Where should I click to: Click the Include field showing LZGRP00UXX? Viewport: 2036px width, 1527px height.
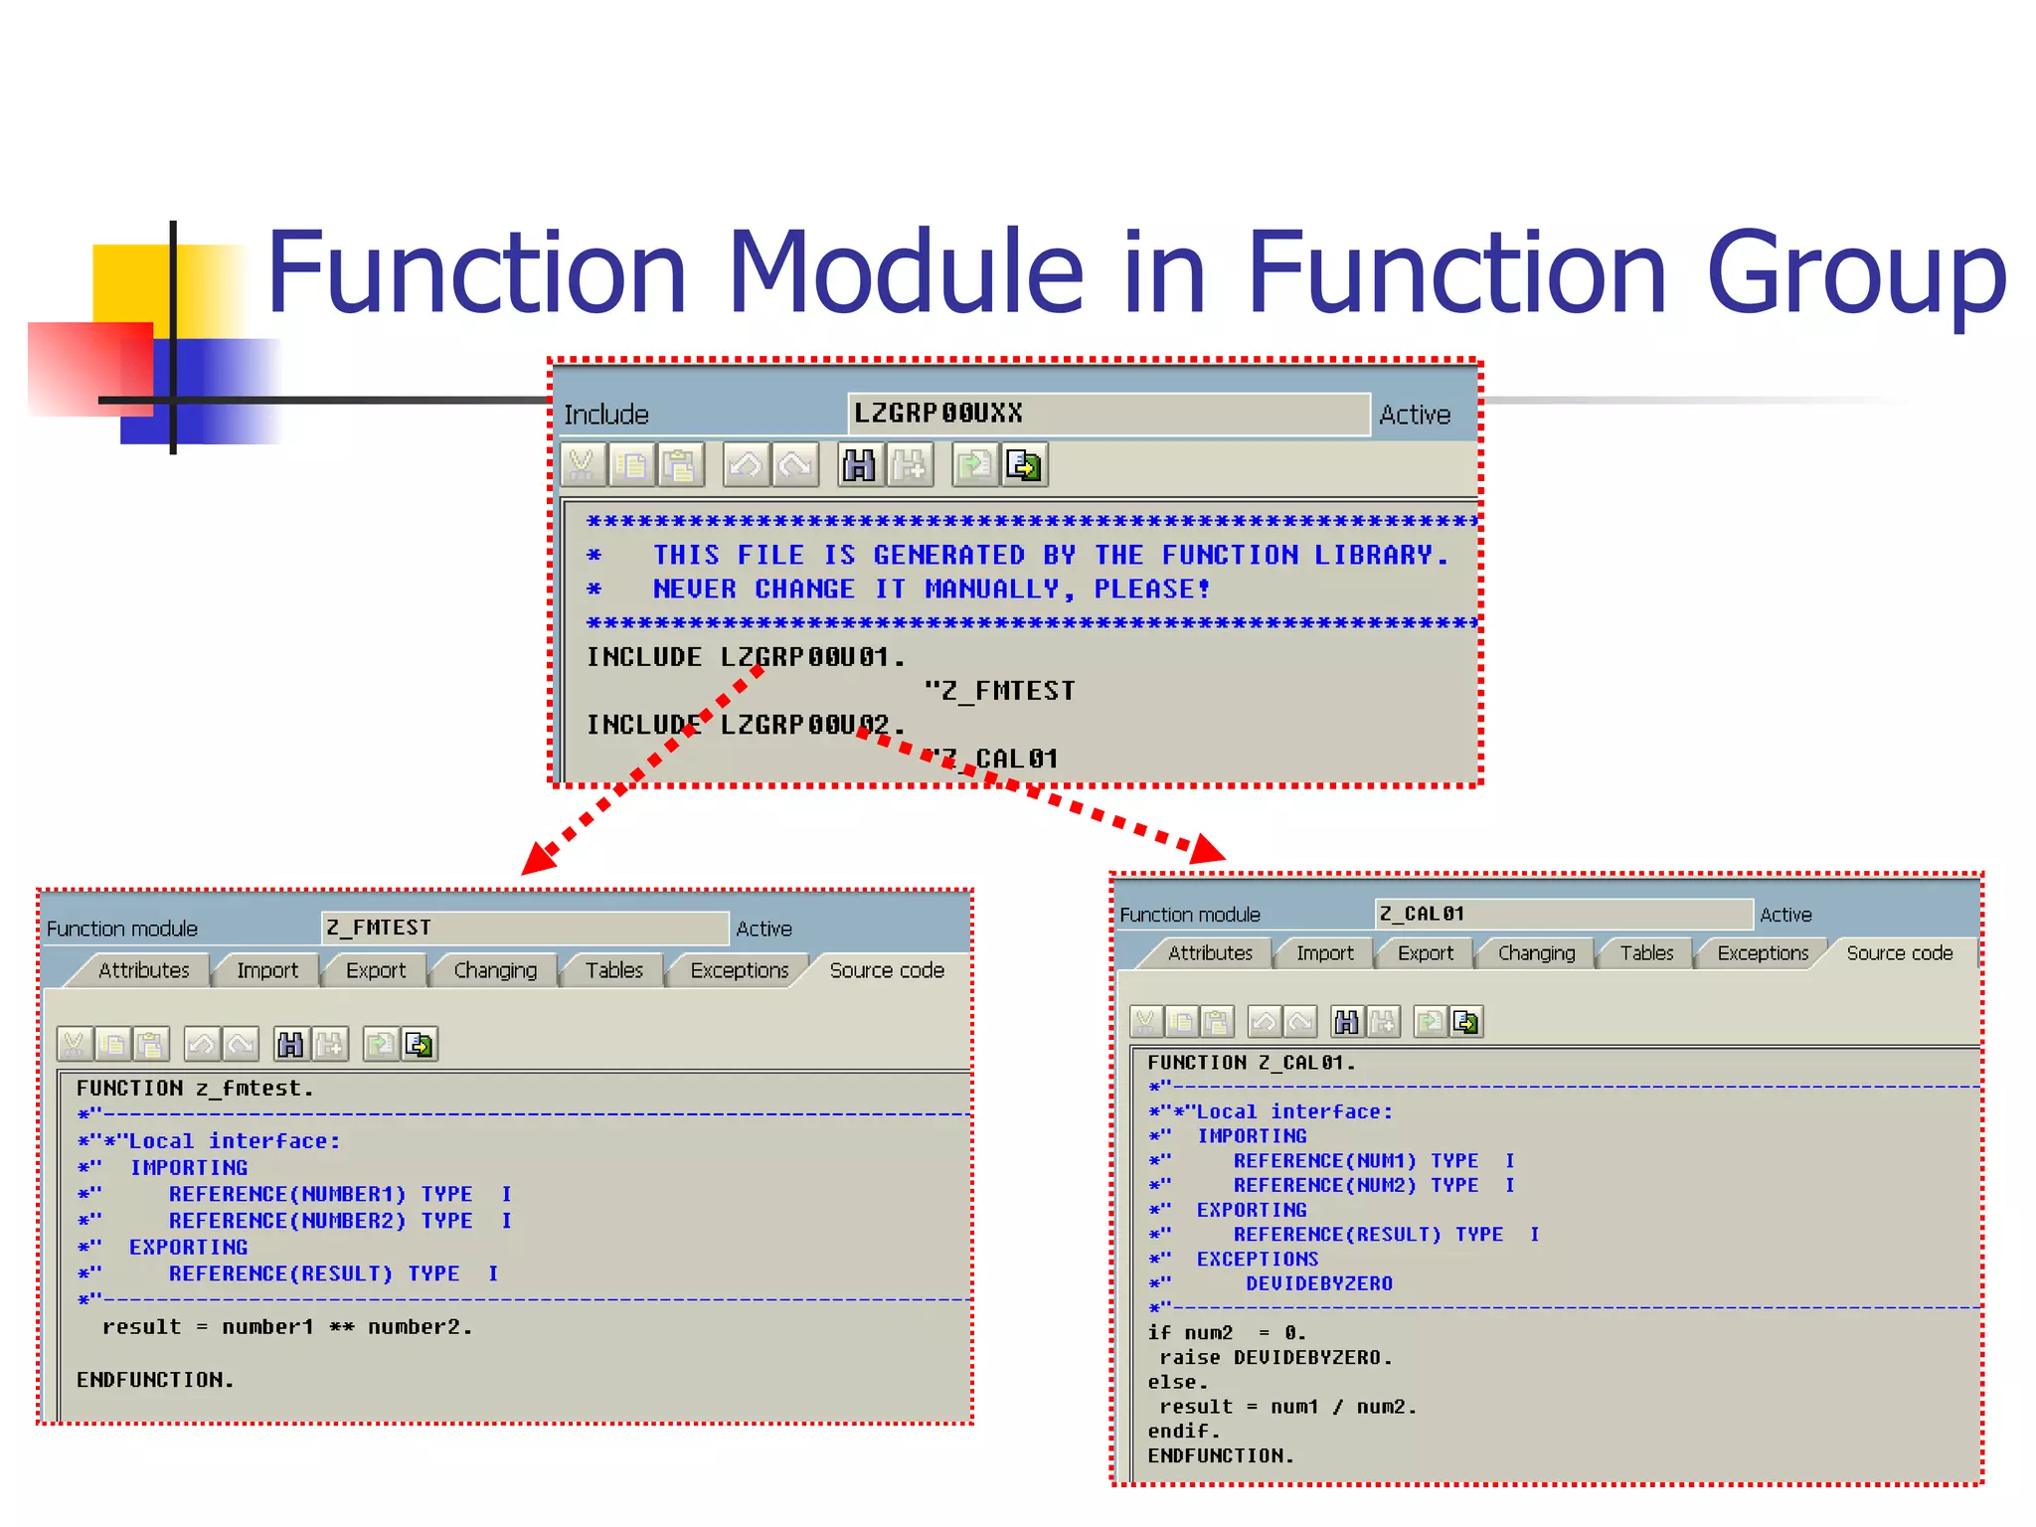pos(1107,414)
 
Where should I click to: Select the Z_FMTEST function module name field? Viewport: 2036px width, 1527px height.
pos(524,928)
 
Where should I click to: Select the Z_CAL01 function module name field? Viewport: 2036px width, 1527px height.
pos(1562,914)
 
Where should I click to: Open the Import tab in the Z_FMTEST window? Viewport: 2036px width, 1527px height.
pos(266,970)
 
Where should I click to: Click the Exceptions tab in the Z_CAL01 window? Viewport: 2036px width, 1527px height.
pos(1762,953)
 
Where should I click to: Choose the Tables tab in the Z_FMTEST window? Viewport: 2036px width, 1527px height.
pos(613,970)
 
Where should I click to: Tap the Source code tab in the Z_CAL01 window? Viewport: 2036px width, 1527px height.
pos(1899,953)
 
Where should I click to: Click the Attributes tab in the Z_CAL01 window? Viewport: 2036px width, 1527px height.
pos(1209,953)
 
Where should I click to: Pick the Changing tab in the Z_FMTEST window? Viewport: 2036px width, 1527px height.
pos(494,970)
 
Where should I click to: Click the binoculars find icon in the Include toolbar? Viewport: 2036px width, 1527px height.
pos(859,465)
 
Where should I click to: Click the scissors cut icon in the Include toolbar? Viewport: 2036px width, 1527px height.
pos(582,465)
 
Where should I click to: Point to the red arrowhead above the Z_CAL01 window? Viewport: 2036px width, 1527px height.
pos(1207,849)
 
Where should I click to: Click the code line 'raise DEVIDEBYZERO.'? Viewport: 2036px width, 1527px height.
pos(1275,1358)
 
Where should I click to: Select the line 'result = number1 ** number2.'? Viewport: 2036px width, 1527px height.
pos(287,1327)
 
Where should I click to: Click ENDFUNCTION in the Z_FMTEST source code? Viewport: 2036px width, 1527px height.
pos(155,1380)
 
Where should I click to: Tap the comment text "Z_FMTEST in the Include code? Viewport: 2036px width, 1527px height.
pos(999,691)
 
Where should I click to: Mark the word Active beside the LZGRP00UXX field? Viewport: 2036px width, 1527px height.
pos(1415,415)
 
